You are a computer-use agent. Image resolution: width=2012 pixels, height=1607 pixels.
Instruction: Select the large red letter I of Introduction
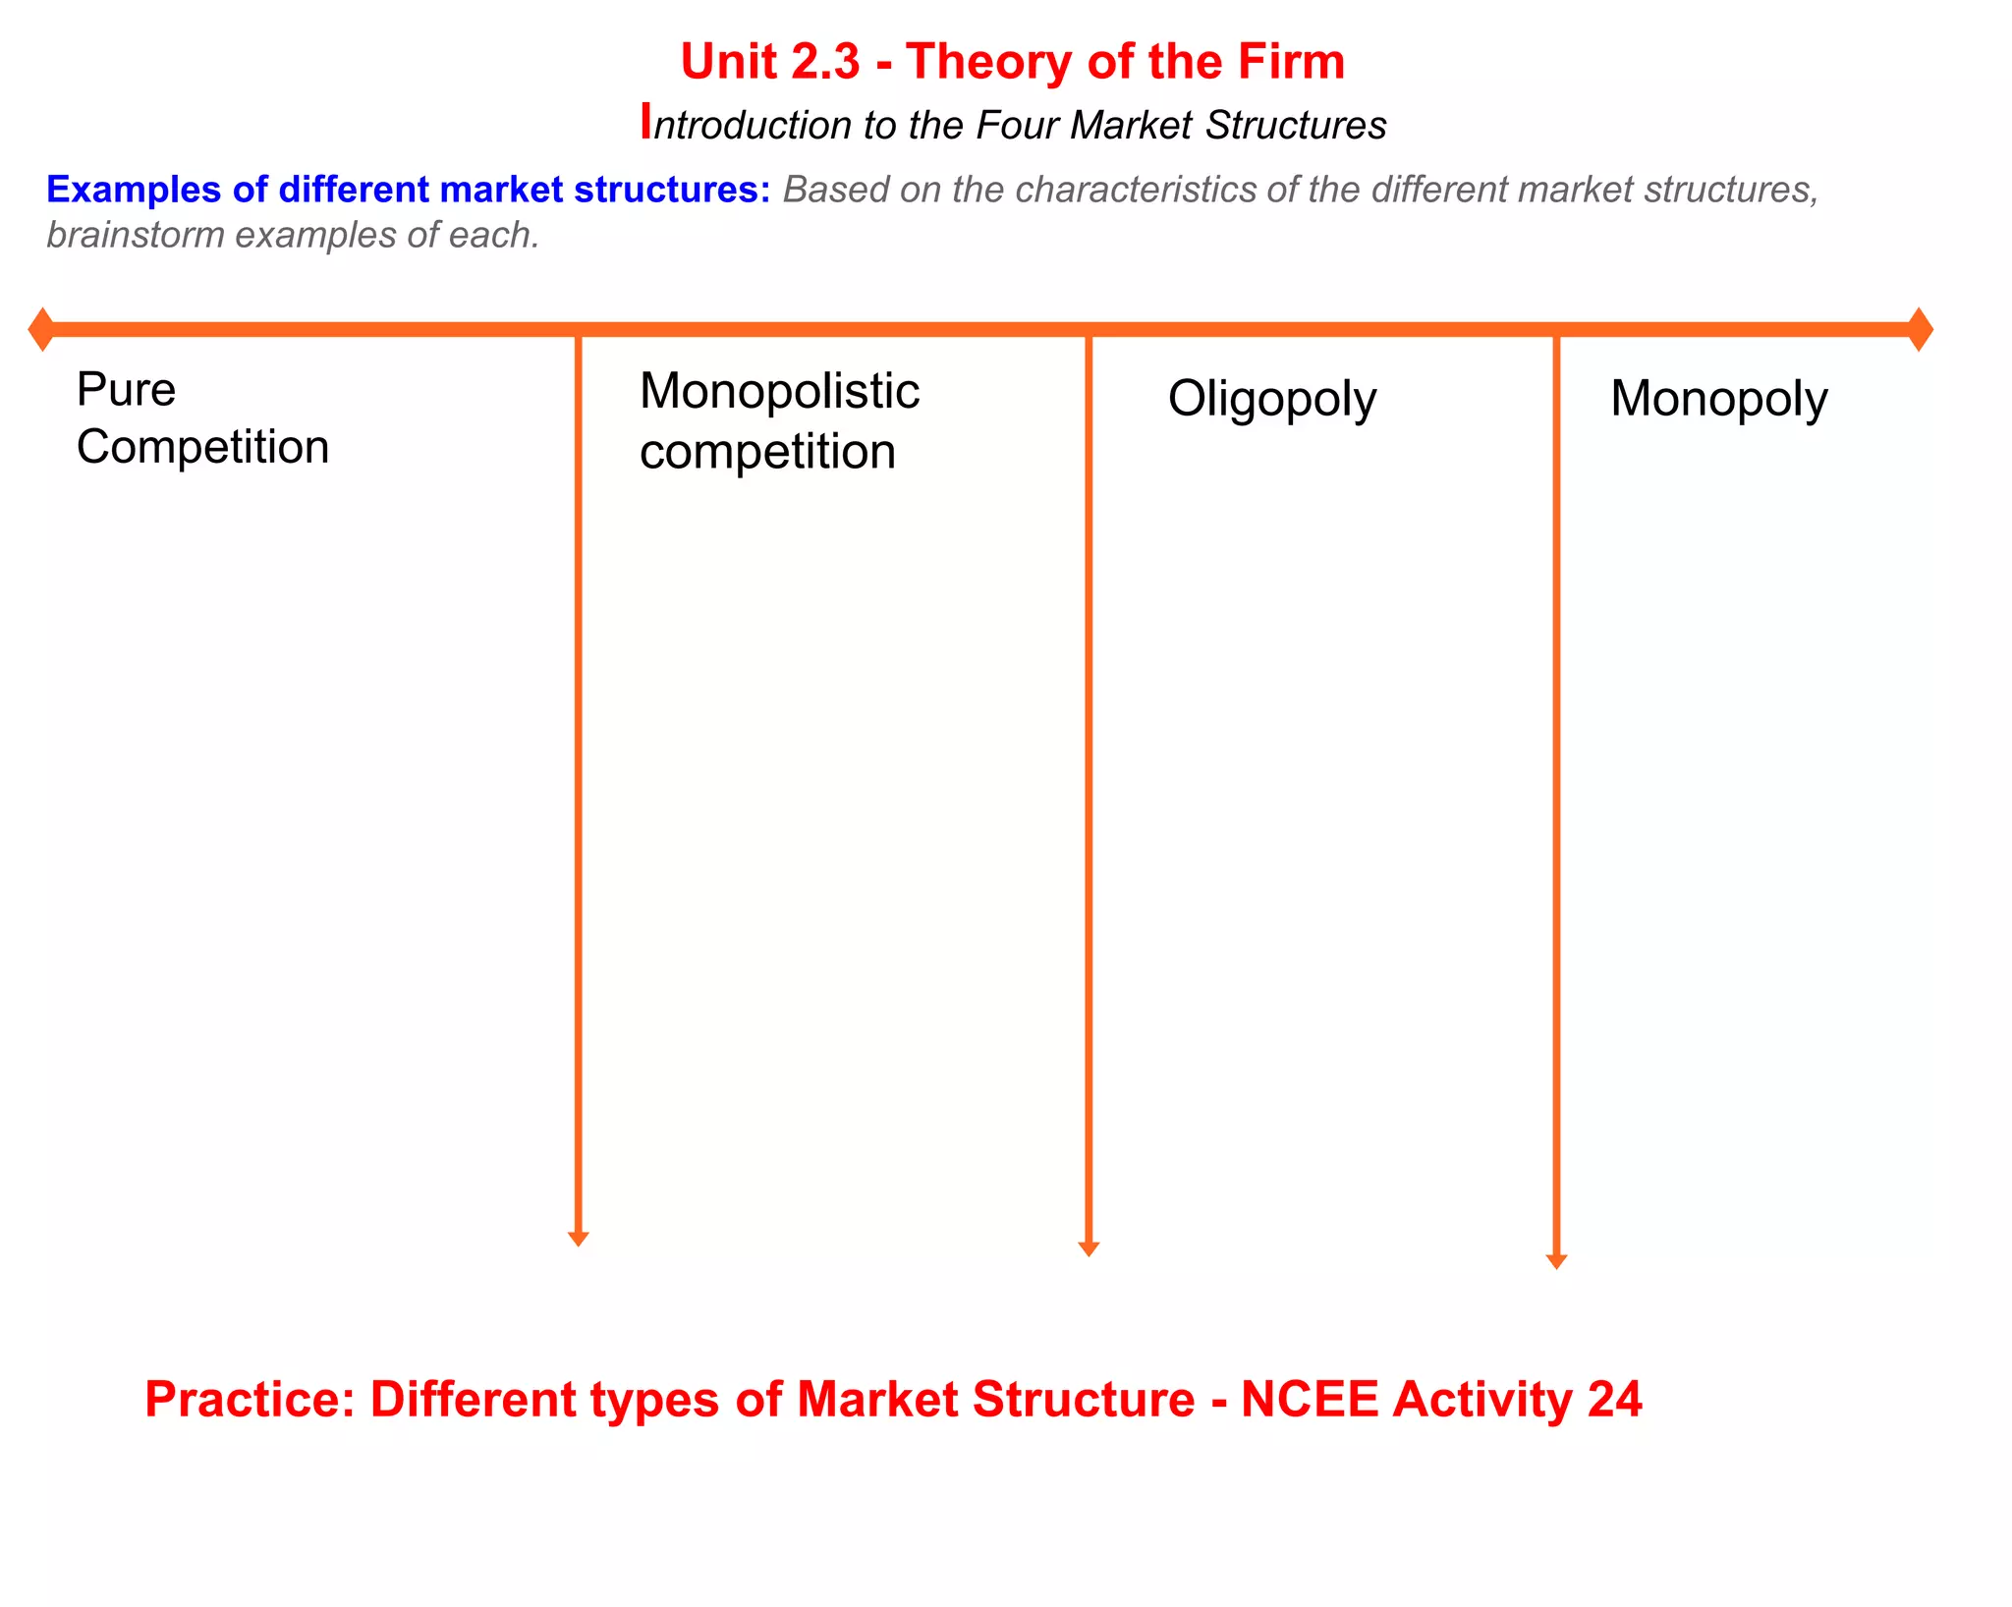pos(645,122)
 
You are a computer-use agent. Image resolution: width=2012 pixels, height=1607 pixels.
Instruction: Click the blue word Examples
pos(134,190)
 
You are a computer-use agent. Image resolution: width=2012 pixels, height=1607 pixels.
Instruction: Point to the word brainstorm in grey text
pos(136,236)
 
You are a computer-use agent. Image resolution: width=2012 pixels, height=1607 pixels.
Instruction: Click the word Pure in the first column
pos(126,390)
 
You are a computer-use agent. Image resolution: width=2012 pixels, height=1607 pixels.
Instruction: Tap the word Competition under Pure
pos(202,448)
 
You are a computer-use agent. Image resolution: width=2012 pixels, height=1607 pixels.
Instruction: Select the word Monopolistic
pos(779,392)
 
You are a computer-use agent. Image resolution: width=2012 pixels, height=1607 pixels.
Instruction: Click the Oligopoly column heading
pos(1271,400)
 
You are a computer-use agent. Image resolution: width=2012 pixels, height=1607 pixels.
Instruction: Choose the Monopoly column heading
pos(1718,400)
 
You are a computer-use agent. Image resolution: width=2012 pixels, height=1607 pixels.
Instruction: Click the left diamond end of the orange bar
pos(41,329)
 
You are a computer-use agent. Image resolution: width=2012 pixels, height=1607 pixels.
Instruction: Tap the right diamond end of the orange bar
pos(1920,329)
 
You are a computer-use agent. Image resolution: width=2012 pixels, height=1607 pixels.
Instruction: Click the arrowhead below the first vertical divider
pos(579,1239)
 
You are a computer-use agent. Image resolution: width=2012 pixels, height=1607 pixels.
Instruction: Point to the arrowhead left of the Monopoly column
pos(1556,1261)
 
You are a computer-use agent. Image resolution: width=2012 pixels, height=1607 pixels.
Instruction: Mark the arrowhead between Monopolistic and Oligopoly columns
pos(1089,1248)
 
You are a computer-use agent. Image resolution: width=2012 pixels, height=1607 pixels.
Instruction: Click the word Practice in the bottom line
pos(250,1400)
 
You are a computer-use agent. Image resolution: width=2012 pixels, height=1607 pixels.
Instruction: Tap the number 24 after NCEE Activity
pos(1614,1400)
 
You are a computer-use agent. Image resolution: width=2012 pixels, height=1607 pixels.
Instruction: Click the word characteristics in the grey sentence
pos(1135,190)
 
